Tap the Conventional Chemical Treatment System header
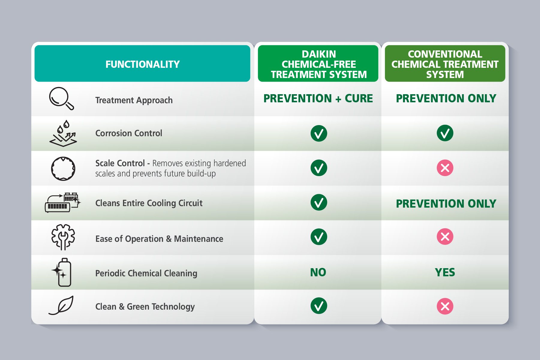point(445,64)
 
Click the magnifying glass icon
point(61,98)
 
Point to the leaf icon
point(61,305)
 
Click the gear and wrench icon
point(63,237)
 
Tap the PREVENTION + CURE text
point(318,98)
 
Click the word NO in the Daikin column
point(318,272)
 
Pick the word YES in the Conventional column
point(445,272)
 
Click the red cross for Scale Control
point(445,168)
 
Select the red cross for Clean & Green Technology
point(445,306)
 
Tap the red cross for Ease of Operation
point(445,237)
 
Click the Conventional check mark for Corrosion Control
point(445,133)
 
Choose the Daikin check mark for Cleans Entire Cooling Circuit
point(319,202)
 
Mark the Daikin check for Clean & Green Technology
point(319,306)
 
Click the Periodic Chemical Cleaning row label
point(146,273)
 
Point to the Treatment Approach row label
point(134,100)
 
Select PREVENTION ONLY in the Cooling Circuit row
point(446,204)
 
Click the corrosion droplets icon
point(63,134)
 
